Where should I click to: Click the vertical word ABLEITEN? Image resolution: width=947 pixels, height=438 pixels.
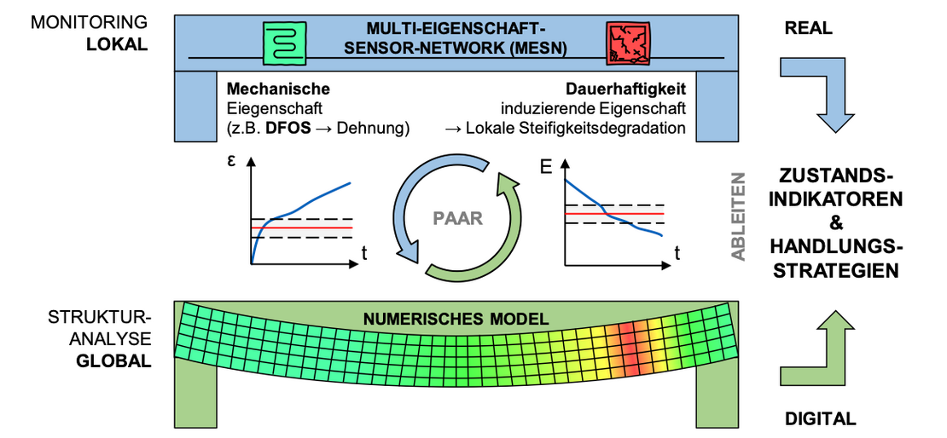[x=738, y=216]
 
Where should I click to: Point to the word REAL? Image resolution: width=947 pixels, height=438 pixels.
[x=808, y=29]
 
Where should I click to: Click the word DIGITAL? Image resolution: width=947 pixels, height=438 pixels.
[x=819, y=418]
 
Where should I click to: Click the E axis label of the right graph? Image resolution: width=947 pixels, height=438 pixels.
[x=547, y=167]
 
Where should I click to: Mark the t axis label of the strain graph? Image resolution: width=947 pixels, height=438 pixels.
[x=364, y=251]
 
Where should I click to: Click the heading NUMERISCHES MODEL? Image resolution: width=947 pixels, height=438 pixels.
[x=456, y=320]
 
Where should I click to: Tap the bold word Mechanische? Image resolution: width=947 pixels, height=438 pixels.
[x=278, y=89]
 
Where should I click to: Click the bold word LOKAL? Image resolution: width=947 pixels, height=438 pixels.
[x=117, y=44]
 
